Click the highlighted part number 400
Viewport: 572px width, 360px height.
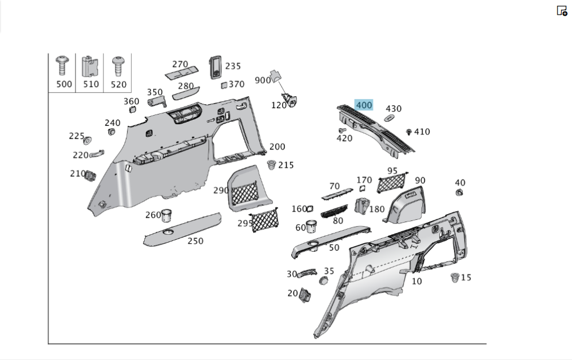[364, 105]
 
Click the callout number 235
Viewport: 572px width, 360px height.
[233, 66]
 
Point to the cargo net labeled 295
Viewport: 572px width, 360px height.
[265, 220]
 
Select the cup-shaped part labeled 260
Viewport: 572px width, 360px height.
[167, 215]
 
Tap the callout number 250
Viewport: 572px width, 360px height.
[196, 241]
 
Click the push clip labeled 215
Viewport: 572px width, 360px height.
[271, 165]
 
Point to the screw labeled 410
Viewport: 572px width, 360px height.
[409, 132]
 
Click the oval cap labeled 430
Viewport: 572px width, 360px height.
[389, 118]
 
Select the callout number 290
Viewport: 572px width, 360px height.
[221, 190]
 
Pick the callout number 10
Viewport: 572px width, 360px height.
[416, 281]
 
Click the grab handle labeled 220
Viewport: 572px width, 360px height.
[97, 152]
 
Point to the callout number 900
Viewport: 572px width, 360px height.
[263, 80]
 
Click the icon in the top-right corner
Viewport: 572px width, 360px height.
[562, 10]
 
